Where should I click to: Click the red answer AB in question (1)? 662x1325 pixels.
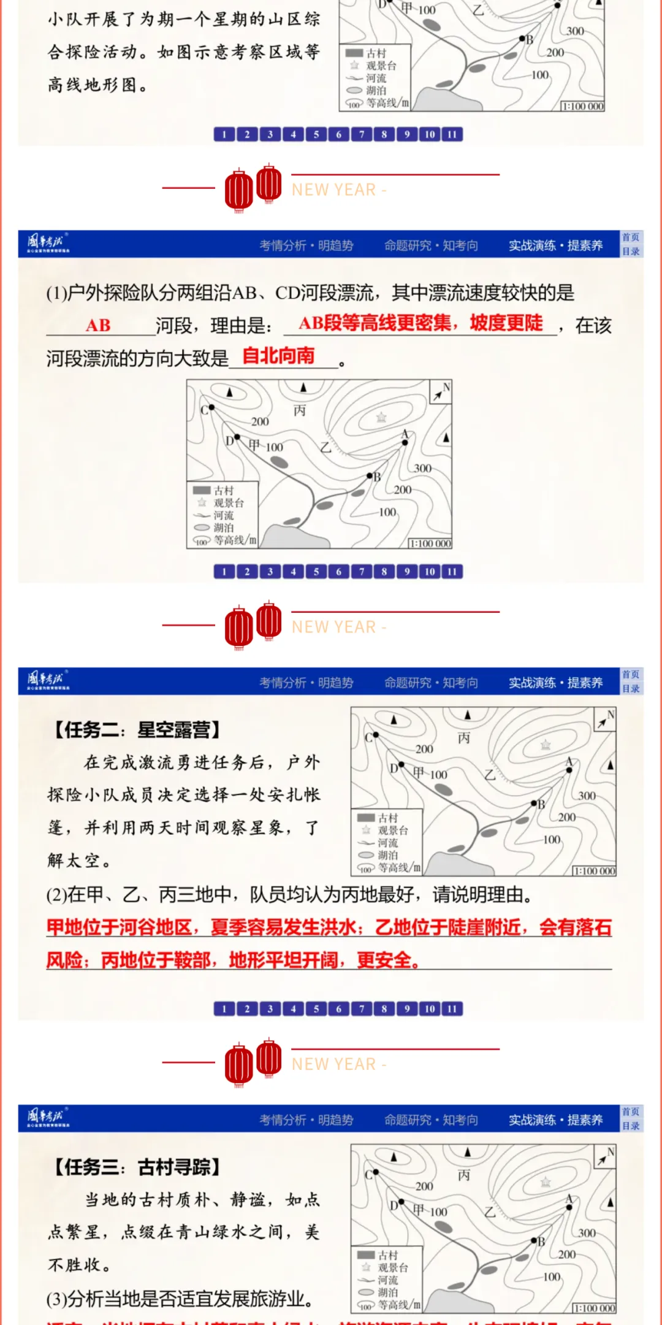(98, 325)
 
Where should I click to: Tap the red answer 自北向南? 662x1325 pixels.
(278, 356)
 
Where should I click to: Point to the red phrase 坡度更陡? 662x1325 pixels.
(506, 323)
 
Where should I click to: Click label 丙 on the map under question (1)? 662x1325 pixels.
(299, 410)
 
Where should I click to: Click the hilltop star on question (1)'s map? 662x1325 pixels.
(381, 418)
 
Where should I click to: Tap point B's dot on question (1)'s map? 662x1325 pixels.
(370, 476)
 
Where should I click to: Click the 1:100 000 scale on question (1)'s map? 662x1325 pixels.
(430, 543)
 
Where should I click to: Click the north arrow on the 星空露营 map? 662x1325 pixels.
(604, 719)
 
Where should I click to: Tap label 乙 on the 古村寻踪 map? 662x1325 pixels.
(490, 1212)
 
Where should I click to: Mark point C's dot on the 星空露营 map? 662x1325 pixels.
(376, 735)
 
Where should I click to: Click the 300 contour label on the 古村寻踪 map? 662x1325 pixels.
(587, 1233)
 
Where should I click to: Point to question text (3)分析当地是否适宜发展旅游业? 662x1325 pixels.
(180, 1299)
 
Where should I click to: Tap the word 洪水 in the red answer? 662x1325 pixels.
(336, 927)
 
